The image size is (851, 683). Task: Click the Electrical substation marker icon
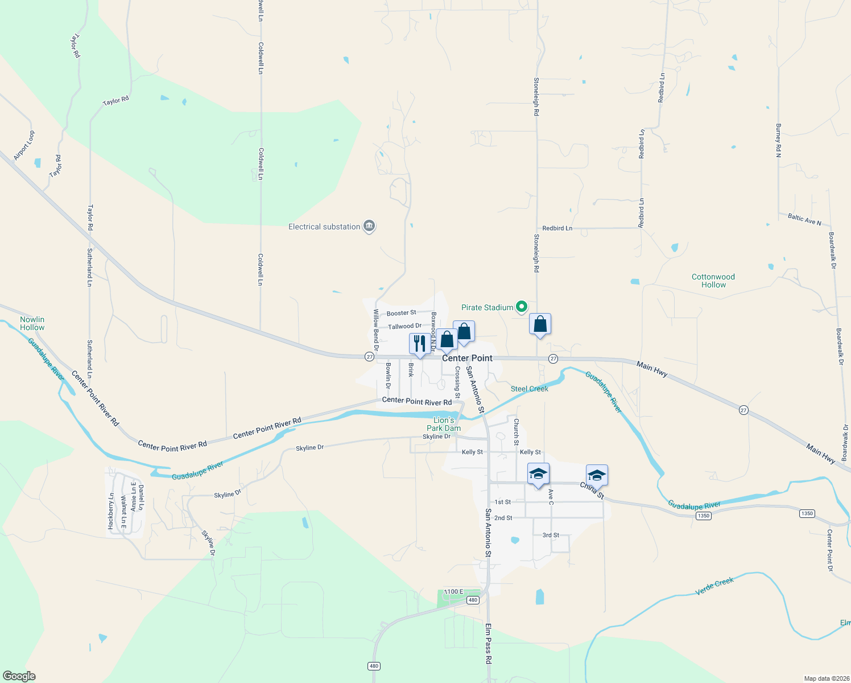(369, 227)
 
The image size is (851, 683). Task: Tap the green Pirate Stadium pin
(521, 307)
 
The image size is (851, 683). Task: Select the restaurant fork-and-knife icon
(420, 344)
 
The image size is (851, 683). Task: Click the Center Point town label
(467, 358)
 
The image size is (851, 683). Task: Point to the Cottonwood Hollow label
(713, 281)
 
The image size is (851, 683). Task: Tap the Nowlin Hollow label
(32, 323)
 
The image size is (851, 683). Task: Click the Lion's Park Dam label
(444, 424)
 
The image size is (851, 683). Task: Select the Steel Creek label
(529, 389)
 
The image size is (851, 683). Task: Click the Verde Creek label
(714, 586)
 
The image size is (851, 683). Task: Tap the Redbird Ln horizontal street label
(557, 228)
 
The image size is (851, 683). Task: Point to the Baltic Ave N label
(804, 219)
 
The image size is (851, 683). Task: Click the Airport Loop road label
(24, 145)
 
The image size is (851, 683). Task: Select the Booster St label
(401, 313)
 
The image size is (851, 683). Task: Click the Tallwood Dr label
(404, 326)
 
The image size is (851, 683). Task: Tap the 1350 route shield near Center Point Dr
(807, 513)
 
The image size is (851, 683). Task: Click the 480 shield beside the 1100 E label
(473, 600)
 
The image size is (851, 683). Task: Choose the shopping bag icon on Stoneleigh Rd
(540, 324)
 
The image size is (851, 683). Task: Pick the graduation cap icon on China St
(597, 475)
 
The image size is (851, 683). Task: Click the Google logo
(19, 676)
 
